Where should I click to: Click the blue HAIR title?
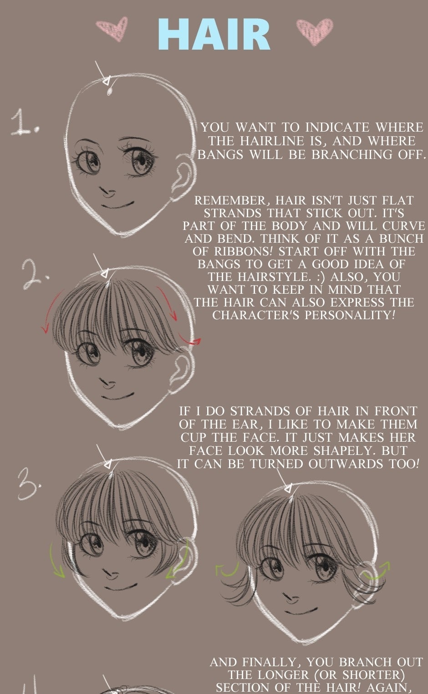214,35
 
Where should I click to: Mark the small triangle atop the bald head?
107,81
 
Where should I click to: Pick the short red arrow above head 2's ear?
189,341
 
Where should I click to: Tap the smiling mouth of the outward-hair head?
301,612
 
